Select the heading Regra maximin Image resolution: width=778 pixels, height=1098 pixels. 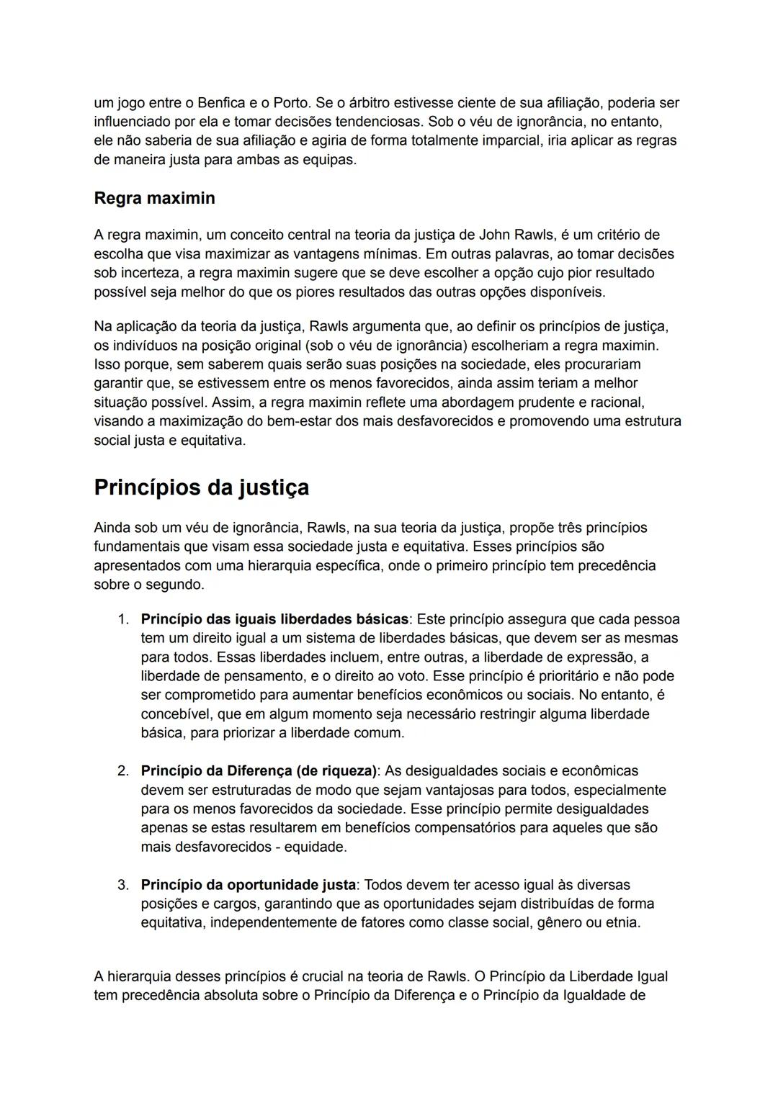tap(154, 198)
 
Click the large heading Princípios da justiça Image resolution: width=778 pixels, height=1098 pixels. tap(201, 487)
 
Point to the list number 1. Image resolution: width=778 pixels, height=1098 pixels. tap(123, 619)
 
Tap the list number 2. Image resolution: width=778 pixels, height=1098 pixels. tap(123, 771)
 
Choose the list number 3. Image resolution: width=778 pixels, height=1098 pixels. tap(123, 885)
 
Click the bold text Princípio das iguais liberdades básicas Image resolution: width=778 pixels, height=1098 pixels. tap(274, 619)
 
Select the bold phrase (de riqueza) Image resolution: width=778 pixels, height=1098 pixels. tap(336, 771)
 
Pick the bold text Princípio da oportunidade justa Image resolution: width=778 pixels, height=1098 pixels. tap(248, 885)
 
